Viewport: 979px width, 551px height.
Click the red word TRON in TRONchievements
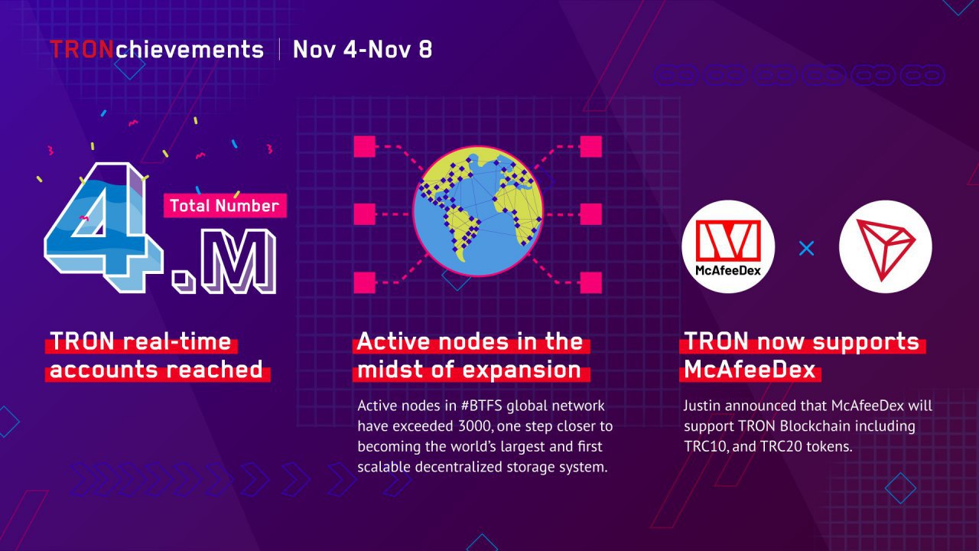82,49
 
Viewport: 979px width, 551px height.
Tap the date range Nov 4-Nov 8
363,50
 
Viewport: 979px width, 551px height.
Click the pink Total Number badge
225,206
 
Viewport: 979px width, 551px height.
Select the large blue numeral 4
103,227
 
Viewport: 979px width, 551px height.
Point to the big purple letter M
237,260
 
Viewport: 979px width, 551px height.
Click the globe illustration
478,212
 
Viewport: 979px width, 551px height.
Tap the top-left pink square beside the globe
365,146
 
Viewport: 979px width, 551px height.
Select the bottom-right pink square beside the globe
591,282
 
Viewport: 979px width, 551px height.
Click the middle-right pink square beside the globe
591,214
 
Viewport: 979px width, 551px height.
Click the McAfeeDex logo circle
728,246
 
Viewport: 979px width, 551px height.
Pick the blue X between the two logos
806,249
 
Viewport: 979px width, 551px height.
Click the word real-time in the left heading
177,341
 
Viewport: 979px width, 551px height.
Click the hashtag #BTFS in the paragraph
481,406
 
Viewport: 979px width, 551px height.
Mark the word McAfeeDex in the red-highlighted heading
750,370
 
